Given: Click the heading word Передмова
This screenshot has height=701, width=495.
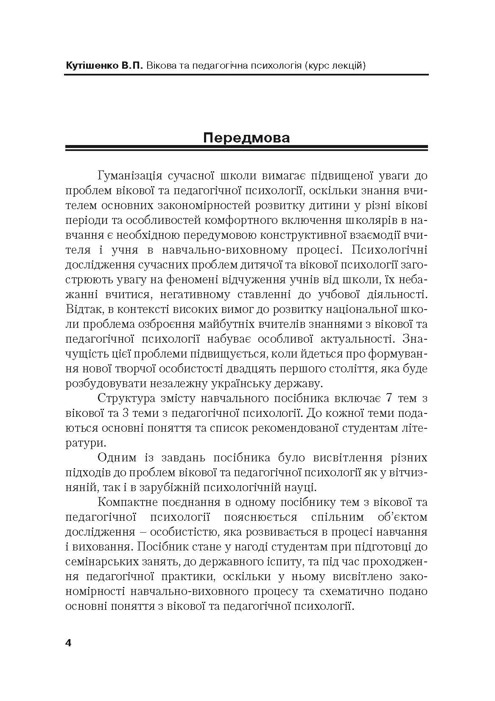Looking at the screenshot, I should tap(246, 138).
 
